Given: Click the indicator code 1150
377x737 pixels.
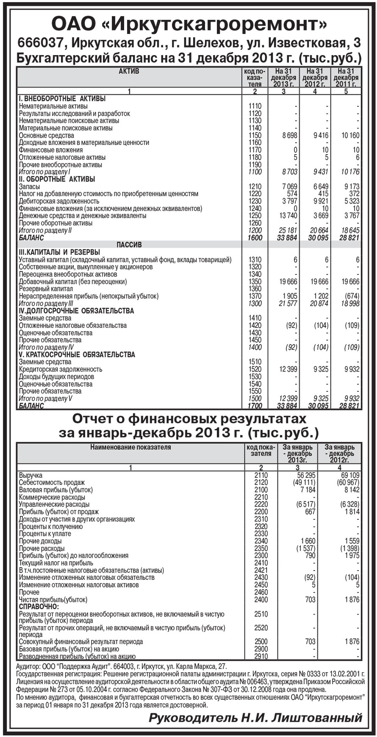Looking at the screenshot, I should [255, 136].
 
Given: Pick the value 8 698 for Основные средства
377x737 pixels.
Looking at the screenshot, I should [289, 136].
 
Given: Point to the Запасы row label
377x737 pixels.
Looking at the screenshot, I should [30, 187].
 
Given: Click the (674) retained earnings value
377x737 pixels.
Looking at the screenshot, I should [351, 296].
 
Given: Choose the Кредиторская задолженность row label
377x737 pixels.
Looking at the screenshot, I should [61, 369].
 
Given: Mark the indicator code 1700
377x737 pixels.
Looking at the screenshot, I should [255, 406].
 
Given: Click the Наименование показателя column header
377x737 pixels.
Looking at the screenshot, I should [130, 447].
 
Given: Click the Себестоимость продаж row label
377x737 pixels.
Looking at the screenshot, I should [52, 482].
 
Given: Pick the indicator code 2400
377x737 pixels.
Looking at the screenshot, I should [261, 600].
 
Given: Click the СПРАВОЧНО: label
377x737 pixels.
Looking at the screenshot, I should [39, 607].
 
